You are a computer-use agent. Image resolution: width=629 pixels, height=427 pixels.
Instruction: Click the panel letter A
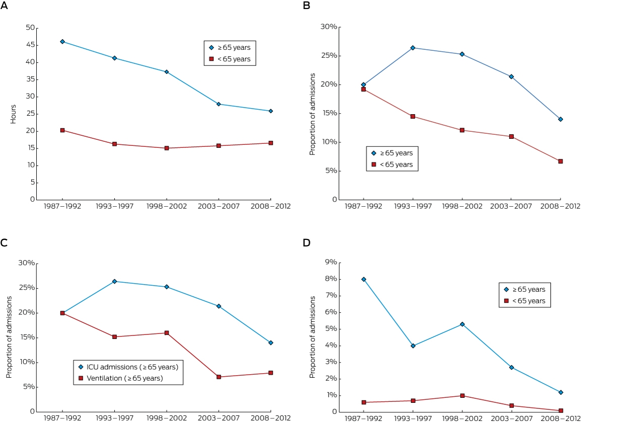[4, 6]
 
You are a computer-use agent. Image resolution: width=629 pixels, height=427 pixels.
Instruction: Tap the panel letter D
[306, 242]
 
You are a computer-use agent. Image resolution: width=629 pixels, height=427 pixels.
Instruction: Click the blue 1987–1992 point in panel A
[62, 42]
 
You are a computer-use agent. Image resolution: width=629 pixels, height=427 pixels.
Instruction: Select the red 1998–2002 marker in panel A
[167, 148]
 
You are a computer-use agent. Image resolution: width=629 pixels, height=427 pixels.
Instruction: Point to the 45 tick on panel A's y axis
[30, 45]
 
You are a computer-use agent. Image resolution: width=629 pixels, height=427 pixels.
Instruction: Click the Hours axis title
[13, 114]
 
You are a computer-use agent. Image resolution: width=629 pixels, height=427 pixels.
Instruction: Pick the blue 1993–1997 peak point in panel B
[413, 48]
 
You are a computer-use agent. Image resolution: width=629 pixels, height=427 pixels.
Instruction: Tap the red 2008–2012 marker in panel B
[561, 161]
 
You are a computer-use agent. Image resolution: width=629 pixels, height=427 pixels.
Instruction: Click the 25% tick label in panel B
[329, 56]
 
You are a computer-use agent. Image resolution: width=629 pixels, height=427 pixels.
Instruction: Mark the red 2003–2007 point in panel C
[219, 377]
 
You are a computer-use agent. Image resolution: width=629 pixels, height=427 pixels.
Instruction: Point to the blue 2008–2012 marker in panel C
[271, 343]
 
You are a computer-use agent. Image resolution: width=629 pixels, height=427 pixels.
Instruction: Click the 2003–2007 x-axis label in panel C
[218, 418]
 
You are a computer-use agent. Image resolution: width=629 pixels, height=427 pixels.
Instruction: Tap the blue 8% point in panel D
[364, 279]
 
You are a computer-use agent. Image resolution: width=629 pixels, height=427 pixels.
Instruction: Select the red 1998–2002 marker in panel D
[462, 395]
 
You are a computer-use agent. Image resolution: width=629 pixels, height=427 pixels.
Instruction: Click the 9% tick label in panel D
[331, 262]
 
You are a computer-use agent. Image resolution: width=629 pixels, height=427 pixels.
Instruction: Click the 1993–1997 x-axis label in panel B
[413, 206]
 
